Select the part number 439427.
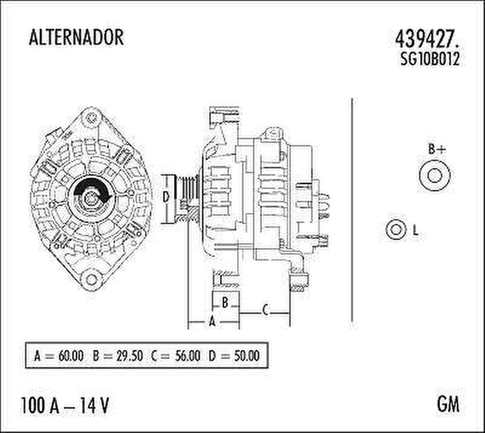[428, 38]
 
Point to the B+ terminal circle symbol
[435, 175]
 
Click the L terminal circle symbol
[396, 230]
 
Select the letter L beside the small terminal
[415, 231]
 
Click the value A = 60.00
[59, 356]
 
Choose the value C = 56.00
[176, 356]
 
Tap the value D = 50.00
[234, 356]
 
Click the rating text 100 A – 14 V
[65, 404]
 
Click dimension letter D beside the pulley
[167, 197]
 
